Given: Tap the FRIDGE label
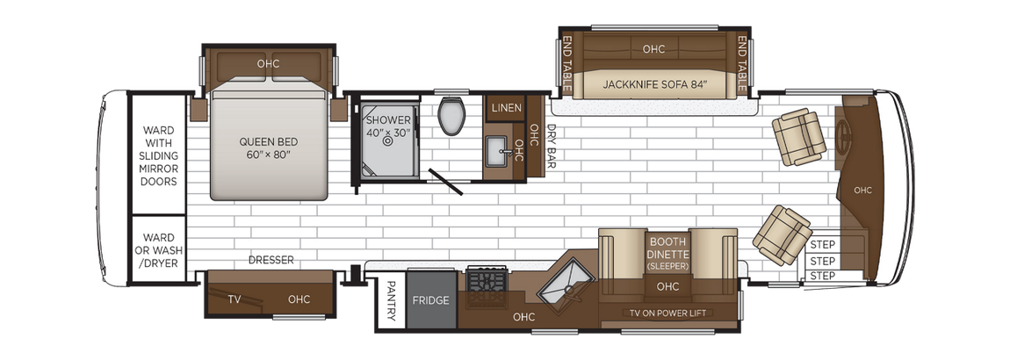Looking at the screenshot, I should (431, 300).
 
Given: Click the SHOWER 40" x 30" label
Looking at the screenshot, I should (387, 126).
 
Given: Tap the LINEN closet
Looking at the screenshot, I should (507, 108).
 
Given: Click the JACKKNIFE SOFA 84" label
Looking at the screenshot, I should (655, 85).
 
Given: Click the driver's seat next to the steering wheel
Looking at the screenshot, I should (799, 137).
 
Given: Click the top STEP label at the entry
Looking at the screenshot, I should (822, 245).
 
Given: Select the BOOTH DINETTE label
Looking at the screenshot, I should (667, 247).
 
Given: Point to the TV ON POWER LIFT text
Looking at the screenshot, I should (667, 313).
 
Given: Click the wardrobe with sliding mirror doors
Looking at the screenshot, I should (159, 155).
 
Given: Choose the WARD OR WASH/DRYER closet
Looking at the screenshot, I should (159, 250).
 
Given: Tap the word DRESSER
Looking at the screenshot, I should (271, 260).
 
